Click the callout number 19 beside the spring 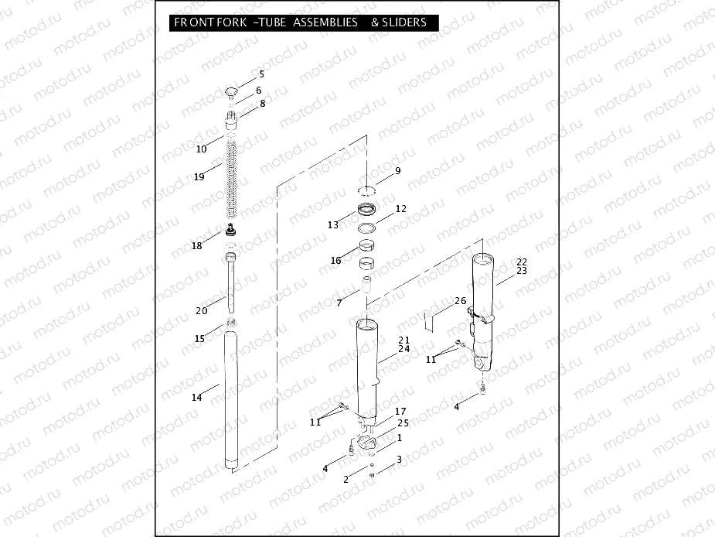point(199,177)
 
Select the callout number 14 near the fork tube point(196,397)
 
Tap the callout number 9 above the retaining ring point(397,171)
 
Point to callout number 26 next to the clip point(460,301)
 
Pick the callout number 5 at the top point(261,74)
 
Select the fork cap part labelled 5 point(230,94)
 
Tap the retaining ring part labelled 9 point(368,188)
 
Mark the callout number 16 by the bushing point(335,261)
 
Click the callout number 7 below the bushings point(339,303)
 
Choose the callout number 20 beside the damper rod point(201,311)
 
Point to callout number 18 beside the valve point(197,245)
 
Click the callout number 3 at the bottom point(399,460)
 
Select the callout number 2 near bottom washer point(346,480)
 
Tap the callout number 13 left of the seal point(332,225)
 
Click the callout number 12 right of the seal point(400,209)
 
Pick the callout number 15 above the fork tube point(199,338)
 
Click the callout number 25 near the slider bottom point(403,423)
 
